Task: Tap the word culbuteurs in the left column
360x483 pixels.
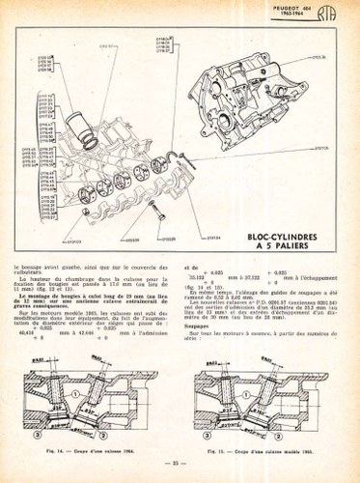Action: pos(33,273)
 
